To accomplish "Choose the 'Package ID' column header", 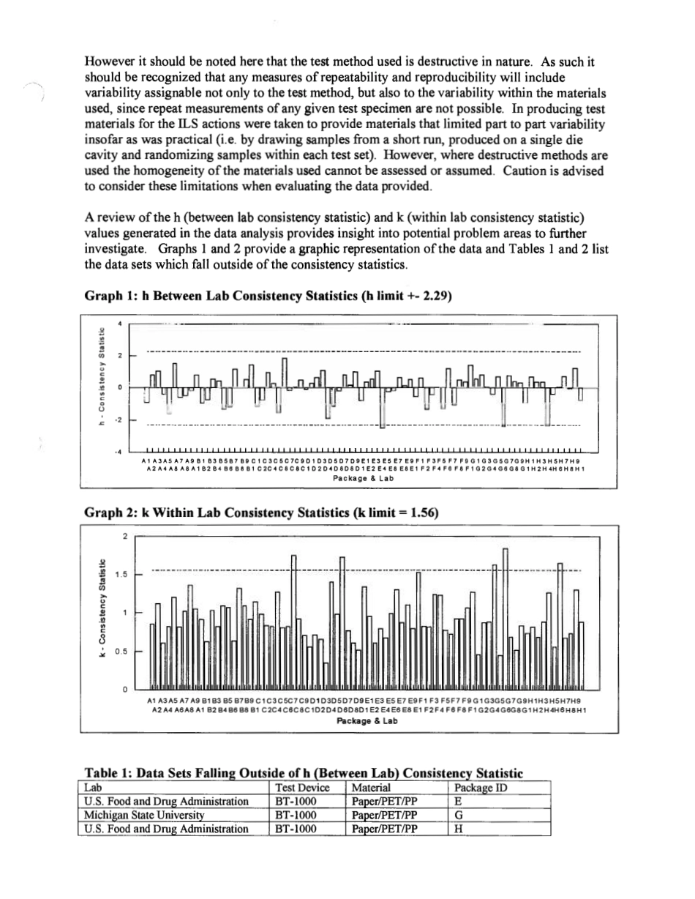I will [481, 788].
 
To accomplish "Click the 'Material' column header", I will [371, 788].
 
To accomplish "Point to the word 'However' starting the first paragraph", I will [110, 62].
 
